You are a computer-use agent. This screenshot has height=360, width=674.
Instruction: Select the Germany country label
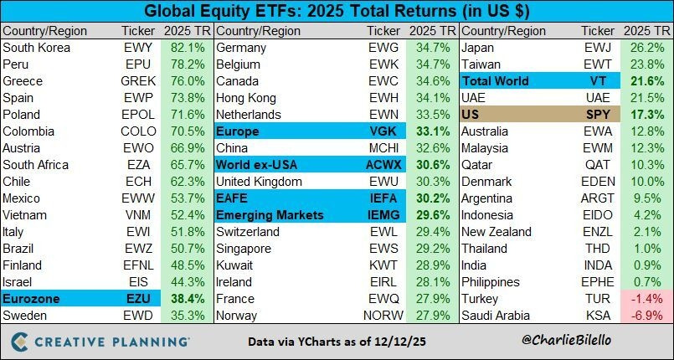242,48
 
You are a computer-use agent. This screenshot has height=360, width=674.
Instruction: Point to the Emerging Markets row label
269,215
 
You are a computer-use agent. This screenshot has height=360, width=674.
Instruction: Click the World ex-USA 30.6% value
427,165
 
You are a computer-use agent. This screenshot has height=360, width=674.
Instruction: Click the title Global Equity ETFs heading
336,13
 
